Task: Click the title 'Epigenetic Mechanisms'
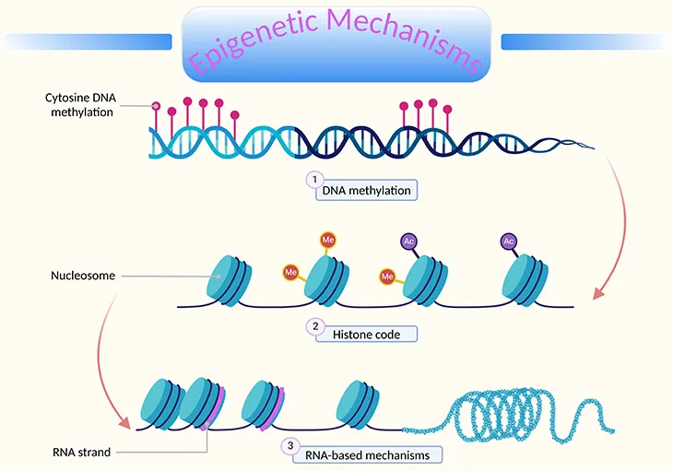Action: [x=336, y=41]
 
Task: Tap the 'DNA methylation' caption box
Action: [x=366, y=191]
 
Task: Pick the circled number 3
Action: [x=291, y=445]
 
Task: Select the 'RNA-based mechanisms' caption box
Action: [x=363, y=453]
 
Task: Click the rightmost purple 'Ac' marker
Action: [x=508, y=241]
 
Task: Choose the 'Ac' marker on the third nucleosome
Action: [x=408, y=241]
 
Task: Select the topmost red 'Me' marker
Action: [x=327, y=241]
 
